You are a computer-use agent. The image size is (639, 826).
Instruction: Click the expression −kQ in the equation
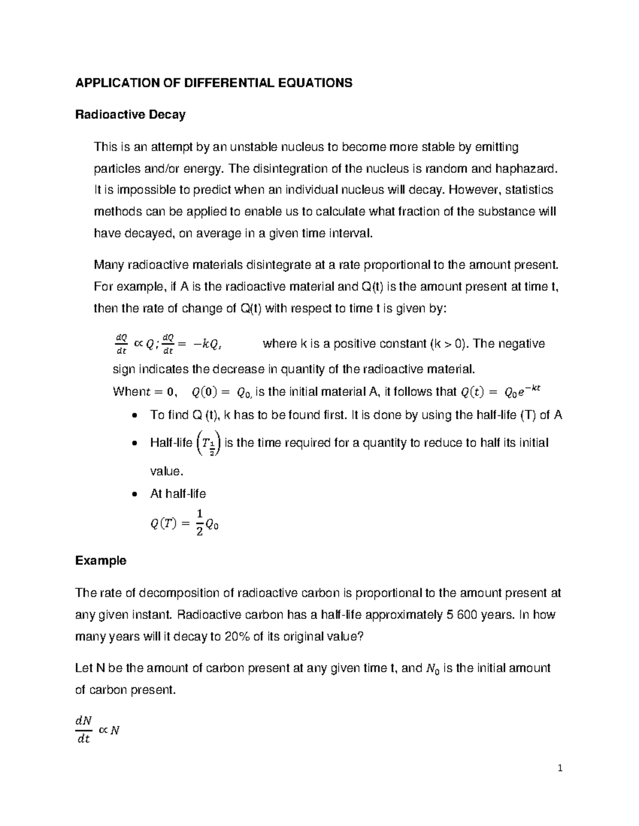[x=204, y=345]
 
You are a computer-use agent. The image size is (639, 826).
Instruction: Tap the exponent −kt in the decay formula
[x=532, y=388]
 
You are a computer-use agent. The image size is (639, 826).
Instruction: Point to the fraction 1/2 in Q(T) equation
[x=200, y=522]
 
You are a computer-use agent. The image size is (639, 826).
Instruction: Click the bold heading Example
[x=101, y=561]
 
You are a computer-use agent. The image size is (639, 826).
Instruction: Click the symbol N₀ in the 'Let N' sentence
[x=433, y=669]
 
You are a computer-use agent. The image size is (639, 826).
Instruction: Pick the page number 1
[x=560, y=768]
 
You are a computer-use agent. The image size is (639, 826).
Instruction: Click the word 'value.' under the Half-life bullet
[x=167, y=471]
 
